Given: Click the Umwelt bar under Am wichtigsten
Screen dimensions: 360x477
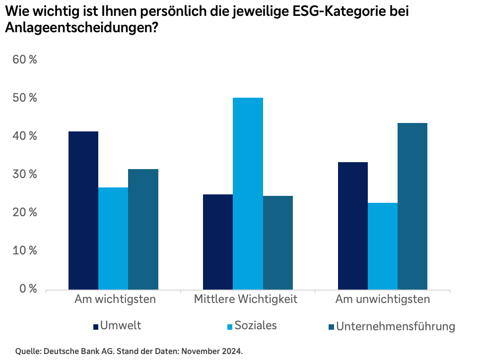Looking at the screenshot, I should click(83, 211).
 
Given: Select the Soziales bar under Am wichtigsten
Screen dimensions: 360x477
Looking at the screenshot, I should click(113, 239).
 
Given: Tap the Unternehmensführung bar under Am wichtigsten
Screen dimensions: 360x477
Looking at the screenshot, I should click(143, 230).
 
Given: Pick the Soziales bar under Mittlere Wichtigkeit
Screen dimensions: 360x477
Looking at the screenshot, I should click(248, 193).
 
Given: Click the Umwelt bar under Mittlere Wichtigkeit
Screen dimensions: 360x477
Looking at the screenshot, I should click(218, 242).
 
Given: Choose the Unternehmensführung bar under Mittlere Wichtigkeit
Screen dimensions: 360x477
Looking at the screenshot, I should click(278, 243).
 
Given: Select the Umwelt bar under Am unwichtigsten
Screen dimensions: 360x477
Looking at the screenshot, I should click(353, 226).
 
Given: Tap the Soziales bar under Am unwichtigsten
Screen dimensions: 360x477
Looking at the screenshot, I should click(383, 246).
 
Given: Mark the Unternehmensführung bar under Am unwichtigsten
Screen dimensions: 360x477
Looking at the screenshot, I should click(412, 206).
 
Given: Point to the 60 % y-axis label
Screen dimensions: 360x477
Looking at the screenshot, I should click(25, 60).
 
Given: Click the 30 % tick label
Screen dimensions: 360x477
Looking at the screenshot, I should click(25, 174).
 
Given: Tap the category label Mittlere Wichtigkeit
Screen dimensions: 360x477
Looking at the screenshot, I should click(246, 300).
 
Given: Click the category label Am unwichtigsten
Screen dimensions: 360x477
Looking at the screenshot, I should click(383, 300).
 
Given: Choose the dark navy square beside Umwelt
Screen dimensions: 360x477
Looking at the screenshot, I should click(96, 327).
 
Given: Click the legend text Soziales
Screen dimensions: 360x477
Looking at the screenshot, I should click(256, 325).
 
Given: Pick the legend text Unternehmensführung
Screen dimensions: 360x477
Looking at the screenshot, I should click(396, 326).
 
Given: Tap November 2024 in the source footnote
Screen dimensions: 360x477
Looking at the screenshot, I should click(211, 352).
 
